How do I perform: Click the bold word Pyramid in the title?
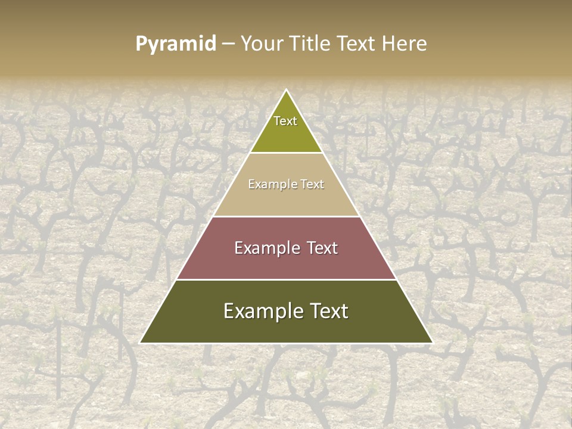[175, 44]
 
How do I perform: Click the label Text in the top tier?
[285, 121]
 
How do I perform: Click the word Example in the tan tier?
[271, 185]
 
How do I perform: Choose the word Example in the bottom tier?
[259, 311]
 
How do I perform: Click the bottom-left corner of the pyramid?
[141, 343]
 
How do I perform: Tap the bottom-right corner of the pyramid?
[432, 343]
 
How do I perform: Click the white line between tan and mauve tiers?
[286, 216]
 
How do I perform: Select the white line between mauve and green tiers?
[286, 279]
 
